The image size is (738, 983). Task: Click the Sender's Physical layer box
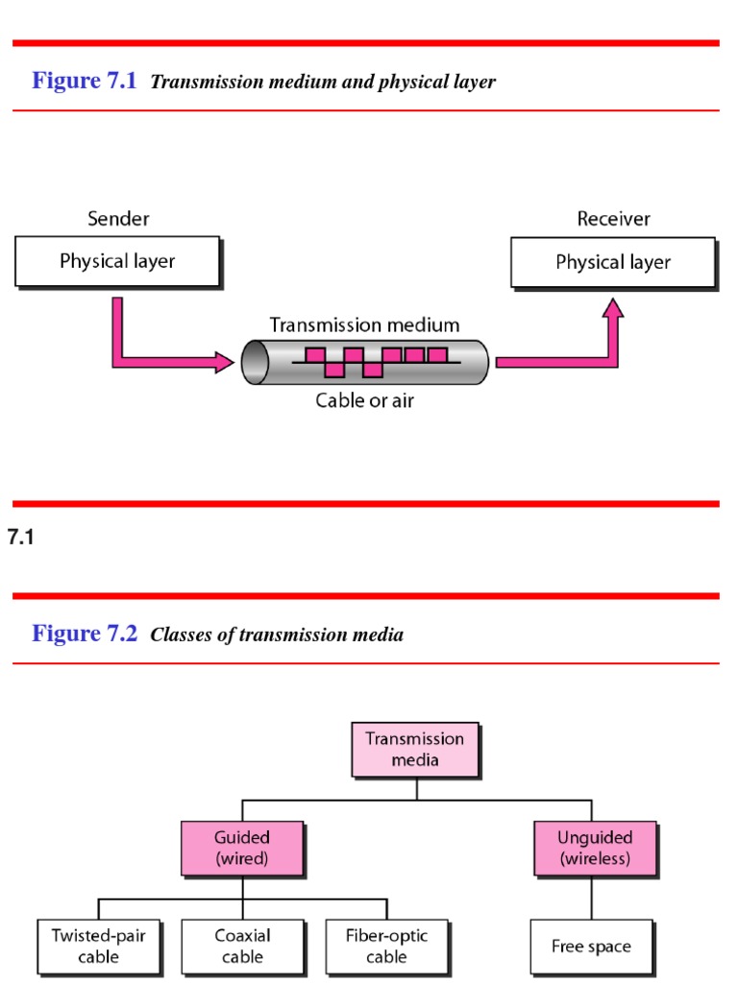point(117,261)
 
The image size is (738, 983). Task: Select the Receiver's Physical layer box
point(613,261)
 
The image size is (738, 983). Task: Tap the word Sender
point(118,219)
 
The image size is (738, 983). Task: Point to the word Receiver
point(613,219)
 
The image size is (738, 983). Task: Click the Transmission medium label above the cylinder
point(364,325)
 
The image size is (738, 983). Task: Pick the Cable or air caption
point(364,400)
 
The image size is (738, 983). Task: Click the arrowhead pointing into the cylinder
point(224,362)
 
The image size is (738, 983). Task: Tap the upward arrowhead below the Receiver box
point(612,308)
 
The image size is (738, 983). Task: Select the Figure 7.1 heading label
point(86,81)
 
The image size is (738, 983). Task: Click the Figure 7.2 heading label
point(86,634)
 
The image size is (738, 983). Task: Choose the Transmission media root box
point(414,749)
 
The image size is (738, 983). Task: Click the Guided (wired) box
point(242,848)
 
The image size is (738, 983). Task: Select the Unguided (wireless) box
point(595,848)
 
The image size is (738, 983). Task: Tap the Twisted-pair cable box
point(99,946)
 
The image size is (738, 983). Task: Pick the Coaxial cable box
point(242,946)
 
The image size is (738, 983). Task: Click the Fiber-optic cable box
point(386,946)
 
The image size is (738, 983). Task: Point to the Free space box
point(591,947)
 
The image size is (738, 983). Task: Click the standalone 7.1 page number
point(20,539)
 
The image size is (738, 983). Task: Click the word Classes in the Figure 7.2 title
point(181,635)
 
